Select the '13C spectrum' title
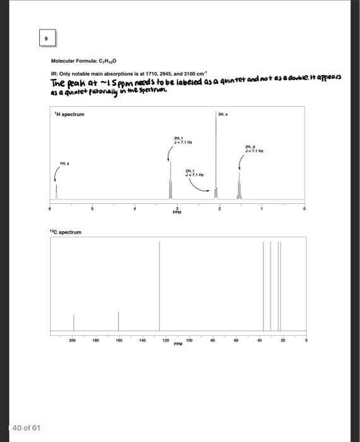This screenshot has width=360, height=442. click(66, 232)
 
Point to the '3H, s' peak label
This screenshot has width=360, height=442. click(221, 114)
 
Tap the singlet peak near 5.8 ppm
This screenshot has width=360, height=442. click(56, 191)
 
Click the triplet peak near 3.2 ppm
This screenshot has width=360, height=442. click(170, 180)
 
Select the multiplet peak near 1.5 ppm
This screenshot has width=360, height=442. click(239, 186)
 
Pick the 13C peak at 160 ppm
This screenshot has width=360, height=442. click(118, 321)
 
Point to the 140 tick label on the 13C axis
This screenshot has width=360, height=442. click(141, 340)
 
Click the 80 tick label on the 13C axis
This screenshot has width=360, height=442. click(213, 340)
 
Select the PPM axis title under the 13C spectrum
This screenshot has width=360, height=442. click(177, 344)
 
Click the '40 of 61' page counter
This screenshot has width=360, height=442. click(26, 427)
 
